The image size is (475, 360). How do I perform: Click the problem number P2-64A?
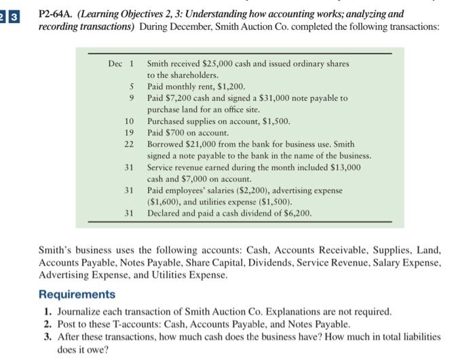click(57, 13)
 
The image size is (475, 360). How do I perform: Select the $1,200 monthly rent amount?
click(227, 87)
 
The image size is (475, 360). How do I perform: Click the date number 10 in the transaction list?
click(130, 121)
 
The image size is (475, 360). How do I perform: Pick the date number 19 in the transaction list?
click(130, 133)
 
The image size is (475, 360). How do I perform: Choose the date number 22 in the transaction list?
click(130, 144)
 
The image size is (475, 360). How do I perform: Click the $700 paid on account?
click(178, 133)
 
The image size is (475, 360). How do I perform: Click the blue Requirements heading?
click(77, 294)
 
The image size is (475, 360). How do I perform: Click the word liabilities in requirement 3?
click(417, 336)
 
